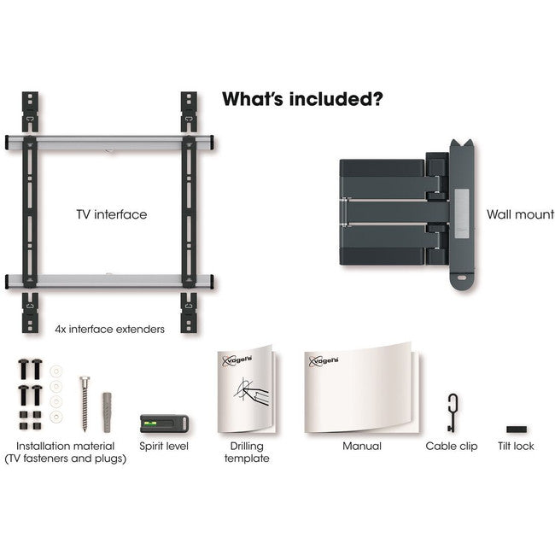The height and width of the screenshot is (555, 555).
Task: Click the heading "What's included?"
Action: [x=301, y=98]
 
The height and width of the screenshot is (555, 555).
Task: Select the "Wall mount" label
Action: [x=520, y=215]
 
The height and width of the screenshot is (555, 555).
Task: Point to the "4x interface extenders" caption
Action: [x=109, y=328]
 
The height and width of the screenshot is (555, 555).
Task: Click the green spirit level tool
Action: [x=158, y=423]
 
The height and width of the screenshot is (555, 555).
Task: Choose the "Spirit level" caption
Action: [x=163, y=446]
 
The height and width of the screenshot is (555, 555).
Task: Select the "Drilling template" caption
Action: [x=248, y=452]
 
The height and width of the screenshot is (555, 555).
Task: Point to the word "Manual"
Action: [x=361, y=446]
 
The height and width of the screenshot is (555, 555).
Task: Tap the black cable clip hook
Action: [x=451, y=411]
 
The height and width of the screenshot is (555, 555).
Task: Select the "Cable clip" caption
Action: [x=452, y=446]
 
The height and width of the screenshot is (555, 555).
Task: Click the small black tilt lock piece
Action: [x=516, y=429]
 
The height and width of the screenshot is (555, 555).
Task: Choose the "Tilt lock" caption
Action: [x=516, y=446]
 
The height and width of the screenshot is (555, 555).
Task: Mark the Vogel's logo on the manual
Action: [x=325, y=361]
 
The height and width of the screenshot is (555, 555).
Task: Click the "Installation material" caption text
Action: [x=70, y=446]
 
